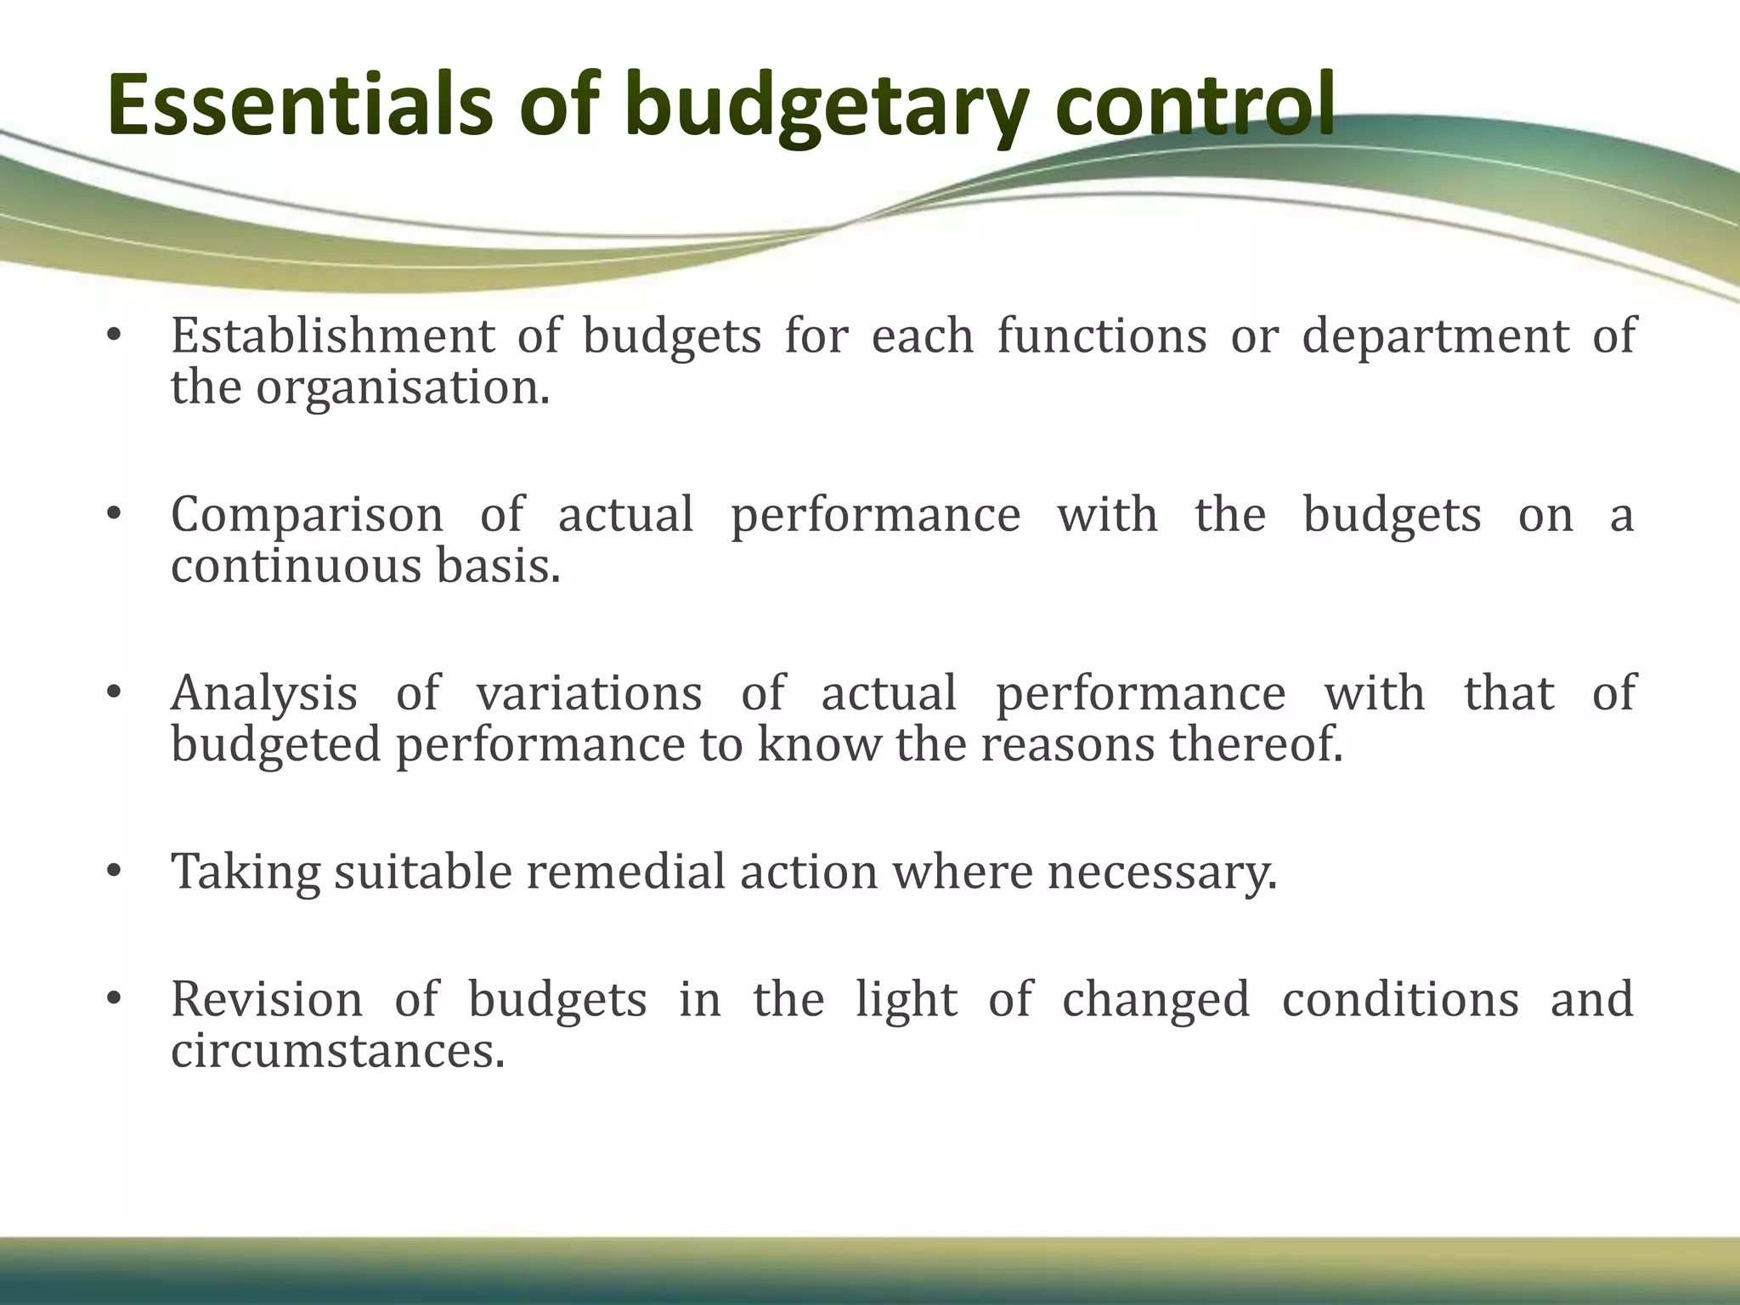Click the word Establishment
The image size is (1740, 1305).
click(x=332, y=335)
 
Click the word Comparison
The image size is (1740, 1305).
click(x=307, y=515)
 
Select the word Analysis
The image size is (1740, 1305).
click(x=264, y=694)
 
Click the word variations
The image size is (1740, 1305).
click(x=589, y=692)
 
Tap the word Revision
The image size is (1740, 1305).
click(x=267, y=999)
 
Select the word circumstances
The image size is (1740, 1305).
click(x=337, y=1051)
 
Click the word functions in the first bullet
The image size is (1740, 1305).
click(x=1101, y=335)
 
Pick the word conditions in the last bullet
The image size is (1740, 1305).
click(x=1400, y=999)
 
